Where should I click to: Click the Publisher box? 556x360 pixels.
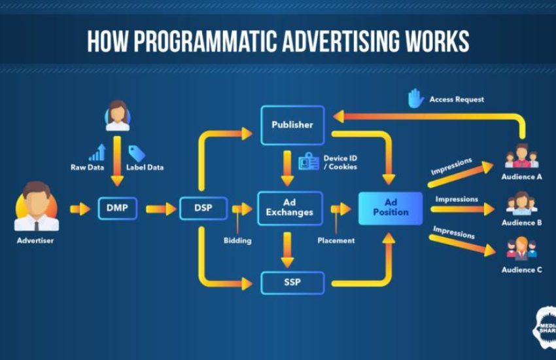pyautogui.click(x=292, y=124)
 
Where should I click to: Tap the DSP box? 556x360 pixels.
pyautogui.click(x=203, y=208)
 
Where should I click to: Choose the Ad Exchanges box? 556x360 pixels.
pyautogui.click(x=290, y=207)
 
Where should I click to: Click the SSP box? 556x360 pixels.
pyautogui.click(x=292, y=283)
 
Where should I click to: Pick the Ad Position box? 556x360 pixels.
pyautogui.click(x=391, y=207)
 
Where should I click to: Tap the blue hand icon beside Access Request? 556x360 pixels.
pyautogui.click(x=416, y=98)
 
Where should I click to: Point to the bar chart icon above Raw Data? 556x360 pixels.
pyautogui.click(x=97, y=153)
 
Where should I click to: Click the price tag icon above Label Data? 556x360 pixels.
pyautogui.click(x=136, y=153)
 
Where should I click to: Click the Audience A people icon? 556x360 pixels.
pyautogui.click(x=521, y=156)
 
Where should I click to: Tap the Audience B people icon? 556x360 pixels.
pyautogui.click(x=521, y=204)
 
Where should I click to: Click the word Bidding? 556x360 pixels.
pyautogui.click(x=237, y=240)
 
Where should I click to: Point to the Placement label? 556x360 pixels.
pyautogui.click(x=336, y=240)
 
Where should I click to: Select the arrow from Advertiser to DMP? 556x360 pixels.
pyautogui.click(x=80, y=209)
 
